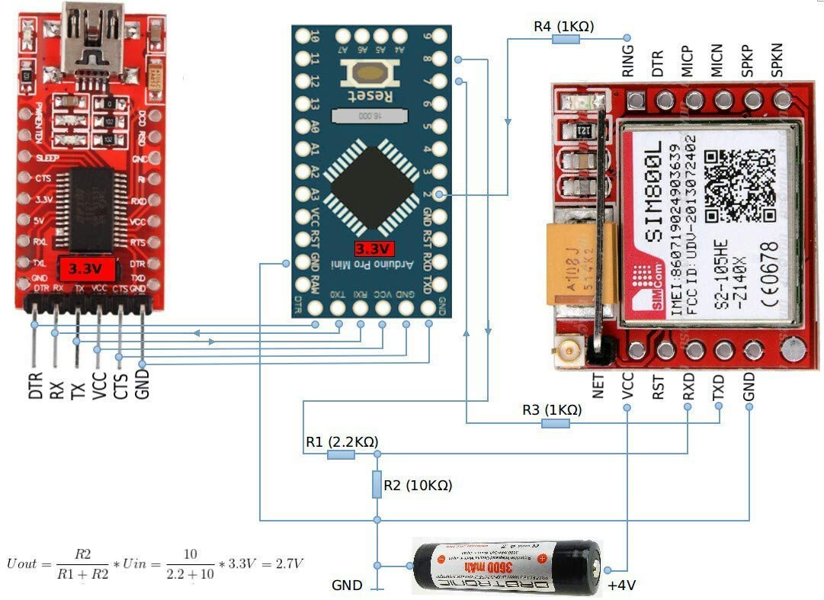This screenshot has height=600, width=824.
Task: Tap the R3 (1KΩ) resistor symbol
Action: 554,423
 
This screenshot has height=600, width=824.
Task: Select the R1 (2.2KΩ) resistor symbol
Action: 340,455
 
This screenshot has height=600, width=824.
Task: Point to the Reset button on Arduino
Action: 370,74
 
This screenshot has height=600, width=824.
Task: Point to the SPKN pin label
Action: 778,60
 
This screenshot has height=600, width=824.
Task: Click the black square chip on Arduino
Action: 370,188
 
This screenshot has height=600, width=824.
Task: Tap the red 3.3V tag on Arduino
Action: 374,249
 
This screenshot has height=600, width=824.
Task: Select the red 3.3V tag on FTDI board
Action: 91,269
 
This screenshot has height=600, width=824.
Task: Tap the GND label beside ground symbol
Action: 347,586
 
